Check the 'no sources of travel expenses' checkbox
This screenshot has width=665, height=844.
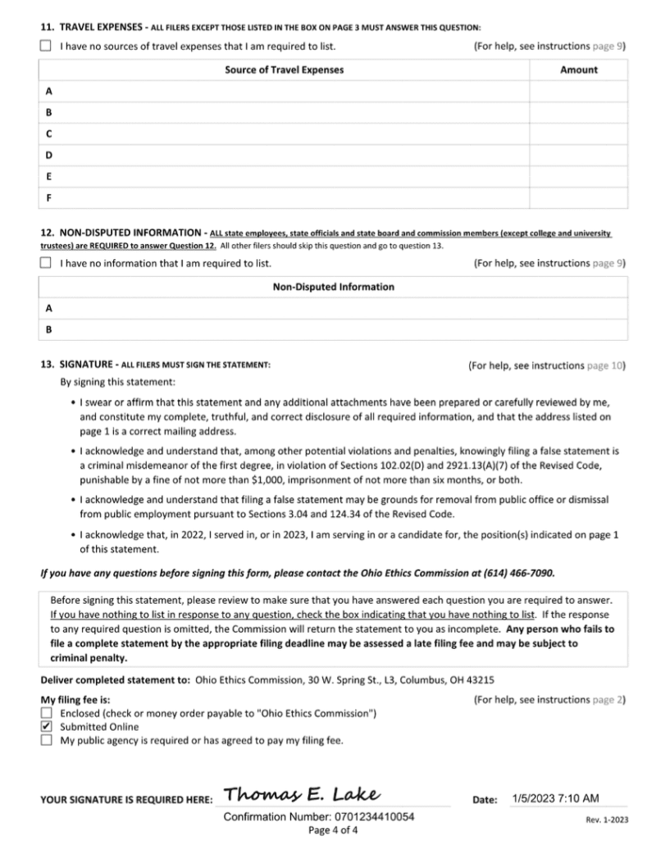[45, 46]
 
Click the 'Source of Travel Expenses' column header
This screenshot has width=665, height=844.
[284, 70]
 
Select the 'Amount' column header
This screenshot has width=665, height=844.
[578, 70]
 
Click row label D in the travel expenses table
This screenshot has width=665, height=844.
[49, 155]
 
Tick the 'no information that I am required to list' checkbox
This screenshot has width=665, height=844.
[45, 264]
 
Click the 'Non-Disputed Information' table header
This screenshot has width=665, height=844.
[333, 287]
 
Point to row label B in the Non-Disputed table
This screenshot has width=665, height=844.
[49, 330]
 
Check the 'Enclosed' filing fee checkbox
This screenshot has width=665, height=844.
[46, 714]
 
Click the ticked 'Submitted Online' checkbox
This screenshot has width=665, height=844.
[46, 727]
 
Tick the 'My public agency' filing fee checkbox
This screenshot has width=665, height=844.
[46, 740]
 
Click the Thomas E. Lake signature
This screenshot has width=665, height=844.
[301, 794]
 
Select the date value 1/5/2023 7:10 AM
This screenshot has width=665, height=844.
[555, 798]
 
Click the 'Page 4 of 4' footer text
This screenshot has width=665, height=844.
[333, 829]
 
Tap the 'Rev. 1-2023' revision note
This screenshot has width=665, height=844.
[607, 819]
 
